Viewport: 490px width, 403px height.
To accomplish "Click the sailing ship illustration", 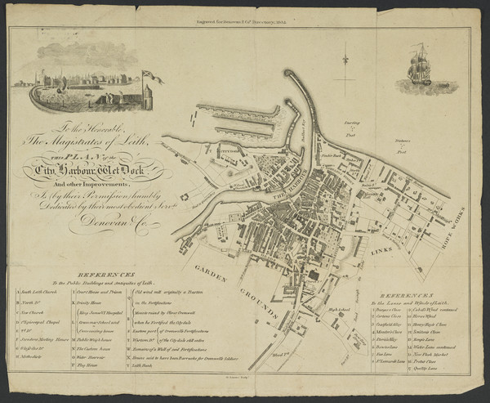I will click(419, 66).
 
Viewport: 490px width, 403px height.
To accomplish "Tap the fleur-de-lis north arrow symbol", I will click(346, 62).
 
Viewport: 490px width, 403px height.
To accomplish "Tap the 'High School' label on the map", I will click(338, 311).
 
